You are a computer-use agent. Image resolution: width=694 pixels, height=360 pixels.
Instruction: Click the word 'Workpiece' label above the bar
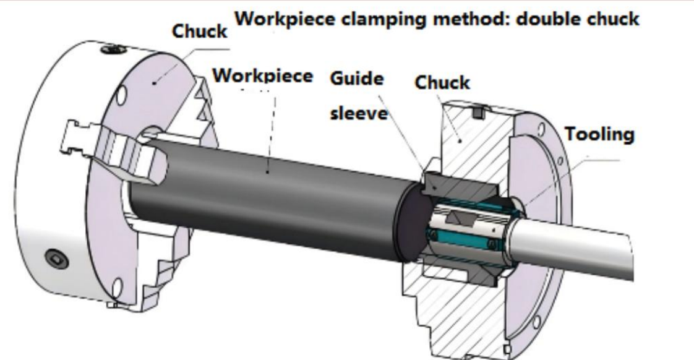pos(263,77)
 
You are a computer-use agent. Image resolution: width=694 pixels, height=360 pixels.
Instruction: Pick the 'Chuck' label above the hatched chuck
pos(442,82)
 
